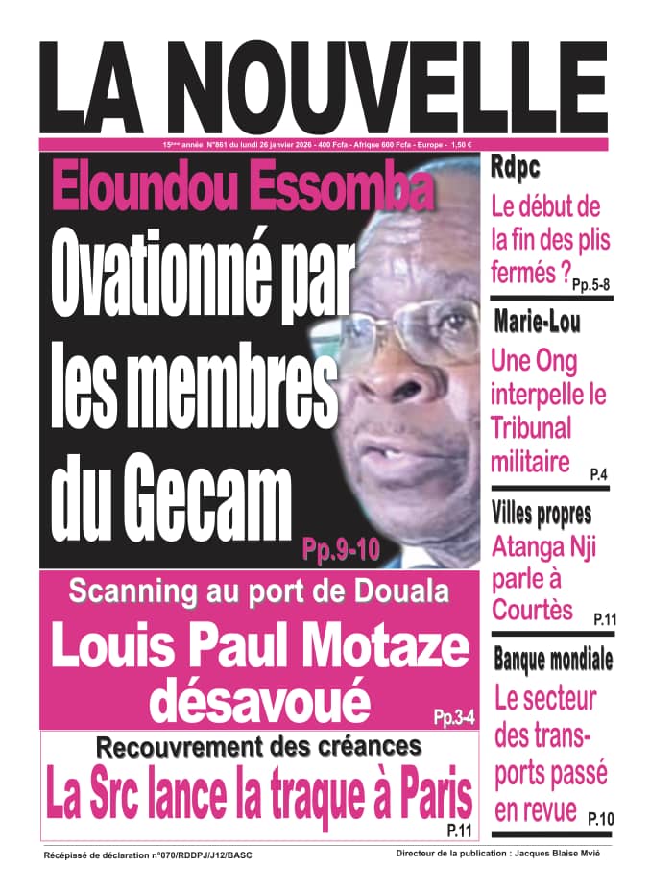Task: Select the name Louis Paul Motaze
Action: [x=260, y=649]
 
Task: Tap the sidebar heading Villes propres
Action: [x=542, y=514]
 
